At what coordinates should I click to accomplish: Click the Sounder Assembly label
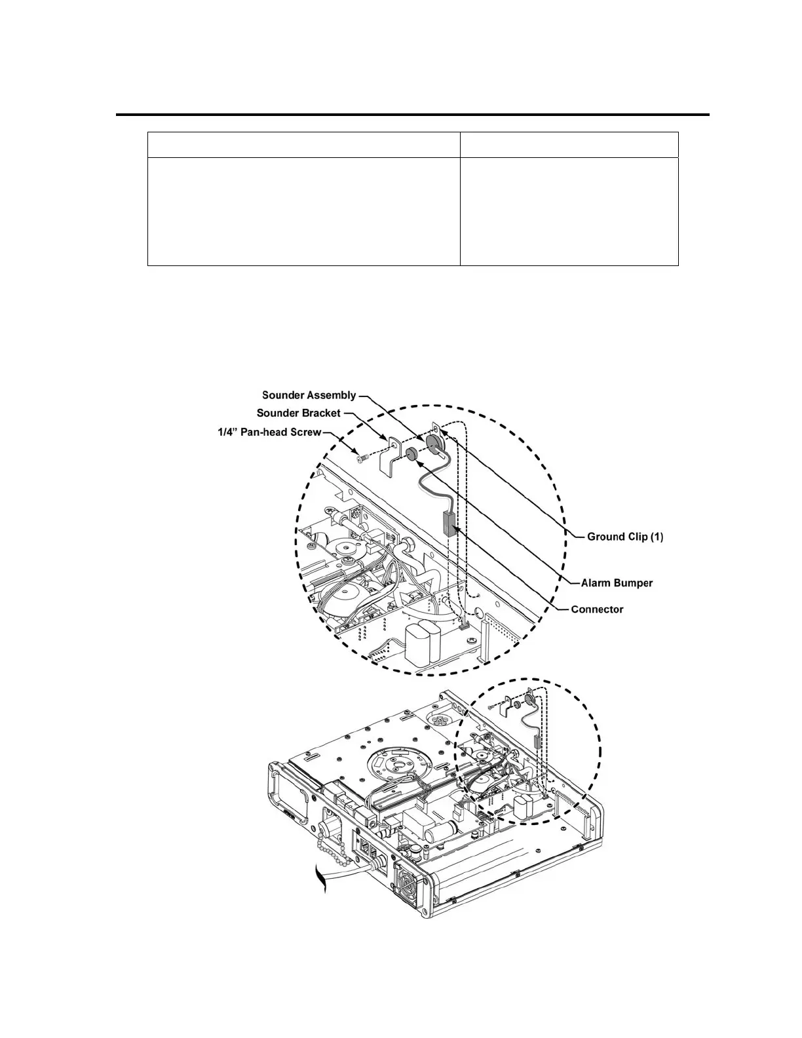click(309, 395)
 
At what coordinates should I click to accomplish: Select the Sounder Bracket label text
click(298, 413)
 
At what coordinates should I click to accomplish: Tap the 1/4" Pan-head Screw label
click(269, 432)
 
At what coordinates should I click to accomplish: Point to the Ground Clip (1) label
click(625, 537)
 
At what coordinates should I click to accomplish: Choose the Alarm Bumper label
click(617, 583)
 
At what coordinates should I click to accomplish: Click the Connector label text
click(597, 609)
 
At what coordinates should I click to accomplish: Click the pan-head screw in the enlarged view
click(360, 459)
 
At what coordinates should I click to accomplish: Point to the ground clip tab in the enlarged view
click(438, 431)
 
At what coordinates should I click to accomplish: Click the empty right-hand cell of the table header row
click(569, 144)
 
